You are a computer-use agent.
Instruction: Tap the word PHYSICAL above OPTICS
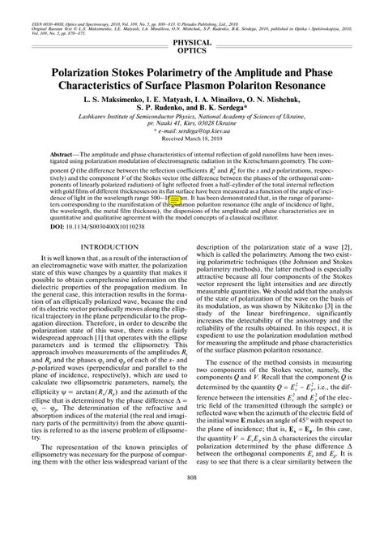pyautogui.click(x=192, y=41)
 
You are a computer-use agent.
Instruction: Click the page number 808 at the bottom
pyautogui.click(x=192, y=521)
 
